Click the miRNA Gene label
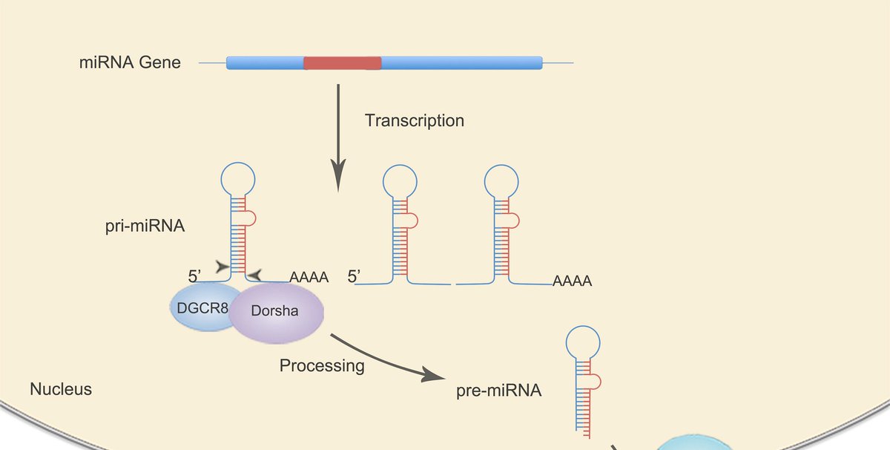coord(130,63)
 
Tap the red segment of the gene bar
coord(342,63)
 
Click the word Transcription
coord(414,120)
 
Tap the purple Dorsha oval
coord(275,311)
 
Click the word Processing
coord(322,365)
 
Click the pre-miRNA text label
coord(498,390)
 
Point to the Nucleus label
coord(61,388)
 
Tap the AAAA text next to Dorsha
coord(309,278)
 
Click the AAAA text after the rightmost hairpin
coord(572,282)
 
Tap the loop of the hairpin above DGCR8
coord(238,178)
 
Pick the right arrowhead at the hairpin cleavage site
coord(254,275)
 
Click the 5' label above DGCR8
coord(196,276)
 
